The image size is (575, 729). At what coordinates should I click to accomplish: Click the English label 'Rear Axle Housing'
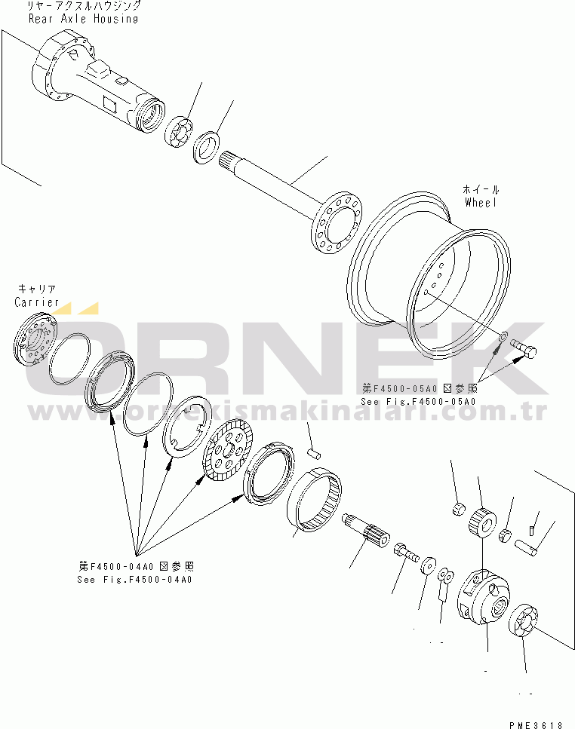coord(83,19)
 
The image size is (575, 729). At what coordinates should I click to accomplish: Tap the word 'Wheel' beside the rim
coord(481,203)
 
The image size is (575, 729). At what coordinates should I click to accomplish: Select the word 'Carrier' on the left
coord(36,302)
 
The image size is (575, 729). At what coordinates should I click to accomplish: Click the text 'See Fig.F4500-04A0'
coord(134,579)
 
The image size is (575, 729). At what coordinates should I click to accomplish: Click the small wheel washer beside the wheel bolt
coord(503,336)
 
